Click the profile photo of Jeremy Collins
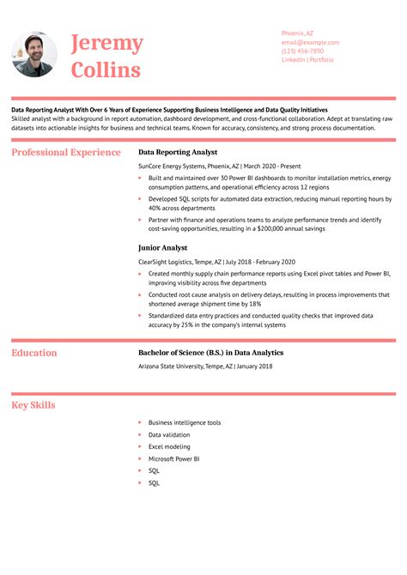click(35, 55)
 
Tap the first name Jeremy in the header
click(106, 43)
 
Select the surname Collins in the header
click(106, 70)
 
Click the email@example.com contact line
click(310, 42)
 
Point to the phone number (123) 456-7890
click(302, 51)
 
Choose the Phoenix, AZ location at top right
click(297, 33)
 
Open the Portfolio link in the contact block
click(323, 60)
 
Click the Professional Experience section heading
click(66, 153)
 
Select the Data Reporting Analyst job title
click(178, 152)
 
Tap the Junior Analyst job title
click(162, 247)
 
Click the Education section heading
click(34, 353)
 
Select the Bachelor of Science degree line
click(210, 353)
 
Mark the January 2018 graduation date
click(254, 366)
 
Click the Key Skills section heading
click(34, 405)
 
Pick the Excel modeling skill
click(169, 447)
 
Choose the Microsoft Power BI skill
click(173, 459)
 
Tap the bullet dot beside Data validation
click(139, 435)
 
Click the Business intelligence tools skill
click(184, 423)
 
